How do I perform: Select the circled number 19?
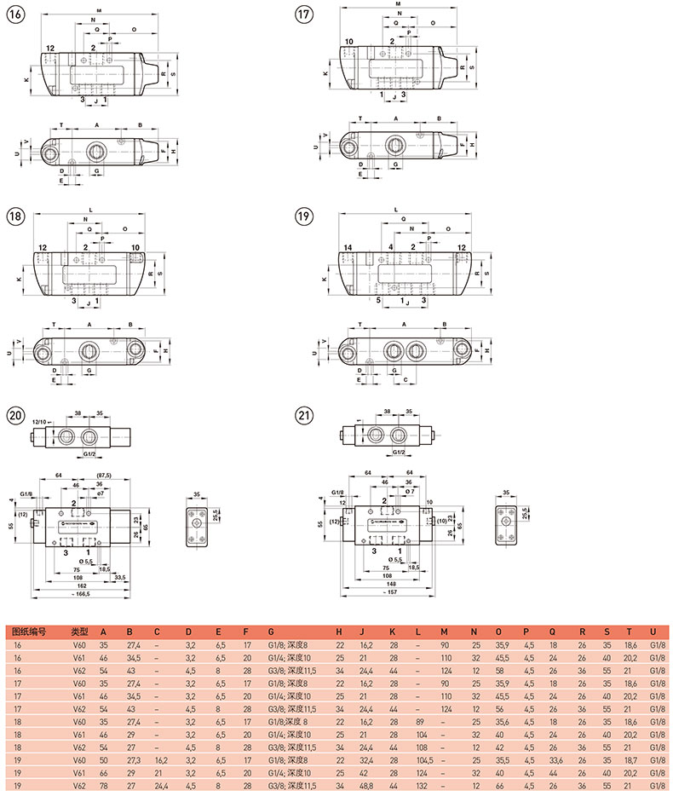(303, 216)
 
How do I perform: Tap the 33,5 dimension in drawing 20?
(120, 576)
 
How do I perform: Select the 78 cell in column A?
(105, 787)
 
